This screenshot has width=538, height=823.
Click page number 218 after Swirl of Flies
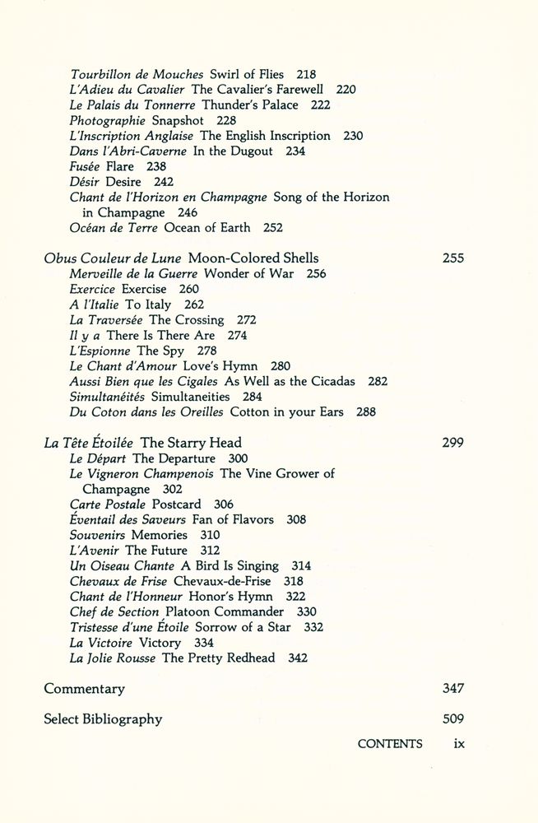tap(305, 74)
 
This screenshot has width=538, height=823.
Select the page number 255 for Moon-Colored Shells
tap(452, 258)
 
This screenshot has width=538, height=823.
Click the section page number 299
tap(452, 443)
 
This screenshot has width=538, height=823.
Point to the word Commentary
tap(84, 689)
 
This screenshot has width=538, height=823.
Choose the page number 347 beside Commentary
tap(452, 689)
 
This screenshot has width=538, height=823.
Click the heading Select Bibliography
tap(103, 719)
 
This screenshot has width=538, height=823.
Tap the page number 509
tap(452, 719)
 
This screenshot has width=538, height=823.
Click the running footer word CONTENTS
tap(390, 744)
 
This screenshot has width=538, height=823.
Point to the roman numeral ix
tap(459, 744)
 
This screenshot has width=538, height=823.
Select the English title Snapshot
tap(178, 120)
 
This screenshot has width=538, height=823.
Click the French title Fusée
tap(86, 166)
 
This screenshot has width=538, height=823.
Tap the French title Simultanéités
tap(107, 397)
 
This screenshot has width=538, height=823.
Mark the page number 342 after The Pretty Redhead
tap(298, 658)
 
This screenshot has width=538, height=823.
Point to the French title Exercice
tap(93, 289)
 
